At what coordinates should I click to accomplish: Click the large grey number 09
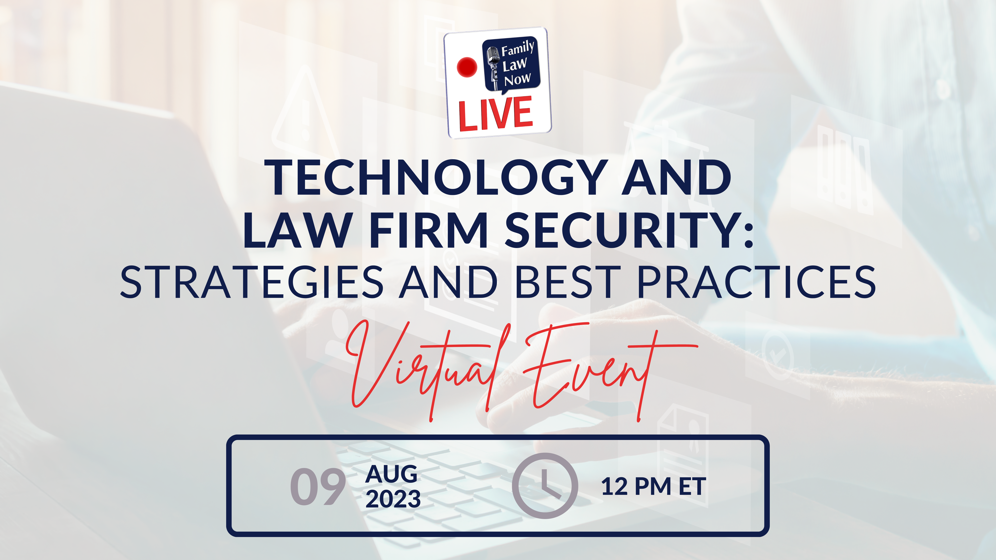coord(318,487)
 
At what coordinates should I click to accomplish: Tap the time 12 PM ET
coord(653,487)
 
